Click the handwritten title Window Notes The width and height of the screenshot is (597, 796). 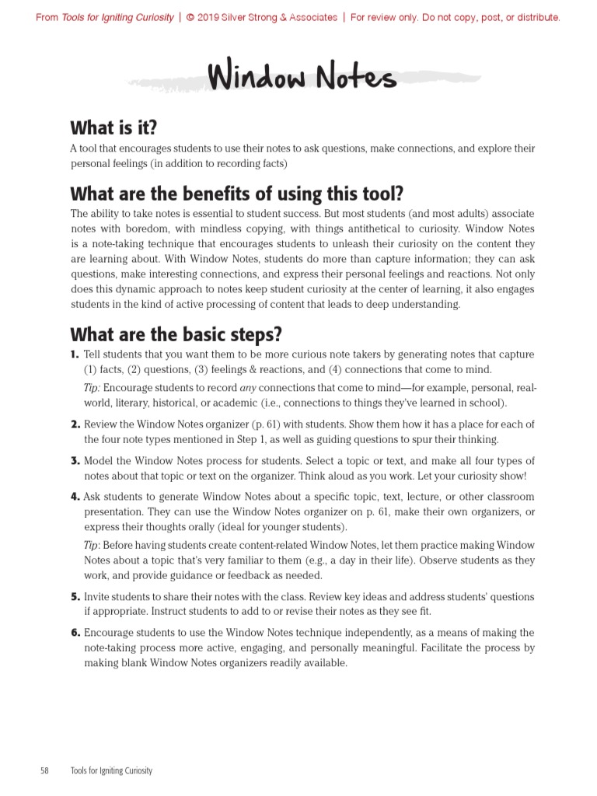(302, 79)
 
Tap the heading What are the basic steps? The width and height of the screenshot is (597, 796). (176, 335)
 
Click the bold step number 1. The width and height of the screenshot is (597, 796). (75, 354)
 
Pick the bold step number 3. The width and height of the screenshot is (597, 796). (75, 461)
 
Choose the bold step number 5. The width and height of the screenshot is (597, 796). (75, 597)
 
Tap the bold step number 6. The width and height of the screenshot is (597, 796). (75, 633)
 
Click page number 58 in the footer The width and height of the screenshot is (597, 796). (44, 770)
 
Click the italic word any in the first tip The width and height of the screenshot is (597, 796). (247, 388)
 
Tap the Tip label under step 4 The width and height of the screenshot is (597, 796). (92, 545)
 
